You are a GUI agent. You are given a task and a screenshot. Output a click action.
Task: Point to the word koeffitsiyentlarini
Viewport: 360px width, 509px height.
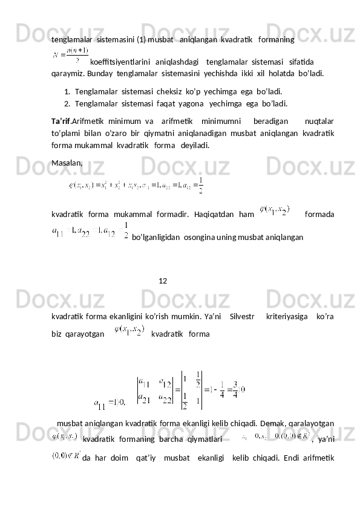(120, 62)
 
